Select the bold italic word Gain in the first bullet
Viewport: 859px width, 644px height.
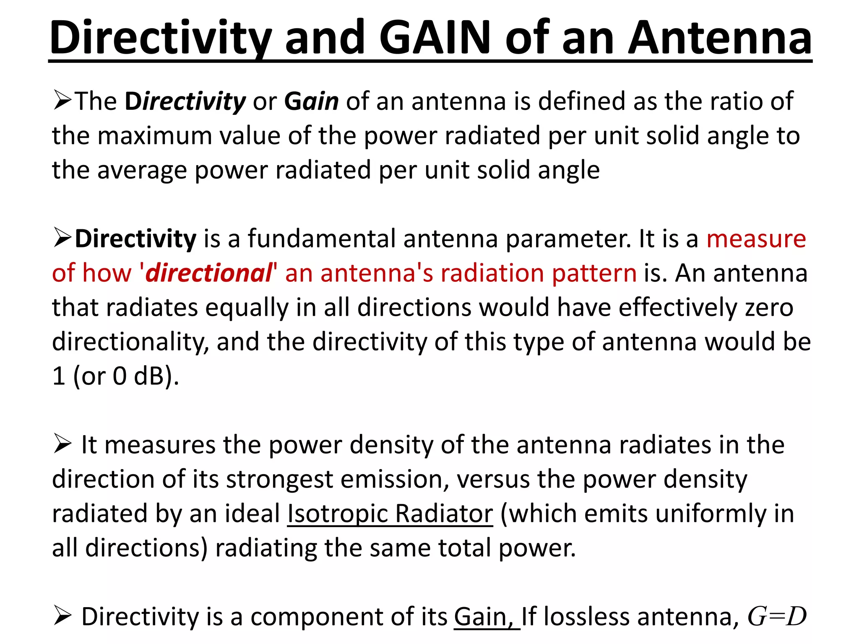click(311, 101)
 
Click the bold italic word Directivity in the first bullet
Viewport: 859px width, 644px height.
click(185, 101)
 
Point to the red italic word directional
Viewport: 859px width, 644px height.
click(208, 273)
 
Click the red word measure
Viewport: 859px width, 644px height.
click(756, 239)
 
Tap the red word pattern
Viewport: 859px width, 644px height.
click(594, 273)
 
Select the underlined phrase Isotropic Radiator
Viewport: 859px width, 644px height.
click(390, 514)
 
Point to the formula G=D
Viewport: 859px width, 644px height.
click(777, 617)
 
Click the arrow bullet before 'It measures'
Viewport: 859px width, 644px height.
click(62, 444)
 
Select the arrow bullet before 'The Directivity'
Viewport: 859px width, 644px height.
click(62, 101)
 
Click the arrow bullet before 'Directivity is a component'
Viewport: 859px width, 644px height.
click(62, 617)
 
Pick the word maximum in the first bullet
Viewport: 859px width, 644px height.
click(155, 136)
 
